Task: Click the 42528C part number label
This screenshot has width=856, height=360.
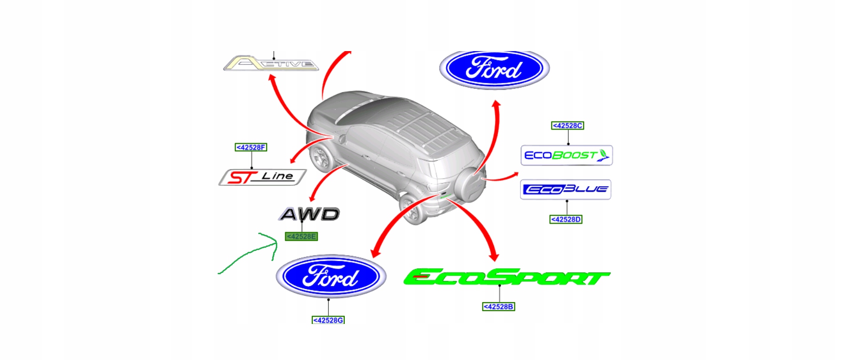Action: pos(567,125)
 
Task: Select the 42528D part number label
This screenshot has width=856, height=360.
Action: pos(565,219)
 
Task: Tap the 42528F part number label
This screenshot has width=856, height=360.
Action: pos(251,147)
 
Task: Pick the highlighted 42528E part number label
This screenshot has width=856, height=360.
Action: pos(301,236)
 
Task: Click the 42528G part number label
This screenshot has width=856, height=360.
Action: pos(328,320)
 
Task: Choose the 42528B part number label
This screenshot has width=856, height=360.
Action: pos(498,307)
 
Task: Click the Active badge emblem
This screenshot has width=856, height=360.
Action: pos(271,64)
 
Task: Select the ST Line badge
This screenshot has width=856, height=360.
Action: pos(262,177)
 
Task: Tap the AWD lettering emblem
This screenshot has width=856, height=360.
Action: pos(310,214)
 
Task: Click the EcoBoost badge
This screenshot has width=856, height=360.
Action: pos(566,155)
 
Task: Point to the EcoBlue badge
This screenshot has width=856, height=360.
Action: pos(565,189)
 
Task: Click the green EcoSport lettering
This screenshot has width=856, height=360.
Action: pos(506,277)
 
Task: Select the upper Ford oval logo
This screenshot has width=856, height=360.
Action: pos(494,68)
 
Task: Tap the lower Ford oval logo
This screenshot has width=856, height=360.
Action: pos(331,277)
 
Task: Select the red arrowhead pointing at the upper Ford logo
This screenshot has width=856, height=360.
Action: pos(496,105)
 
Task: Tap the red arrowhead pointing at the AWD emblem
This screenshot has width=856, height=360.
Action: pos(312,198)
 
